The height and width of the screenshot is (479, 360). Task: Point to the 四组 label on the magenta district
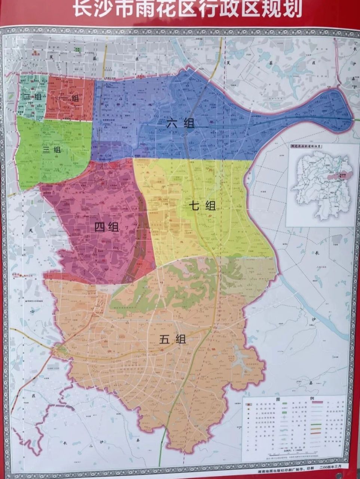pyautogui.click(x=106, y=227)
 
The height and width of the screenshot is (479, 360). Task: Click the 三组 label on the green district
pyautogui.click(x=52, y=150)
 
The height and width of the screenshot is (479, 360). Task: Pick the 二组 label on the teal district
pyautogui.click(x=33, y=97)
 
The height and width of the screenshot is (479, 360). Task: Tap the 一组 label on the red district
pyautogui.click(x=69, y=98)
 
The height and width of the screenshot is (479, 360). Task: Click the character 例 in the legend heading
pyautogui.click(x=309, y=399)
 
